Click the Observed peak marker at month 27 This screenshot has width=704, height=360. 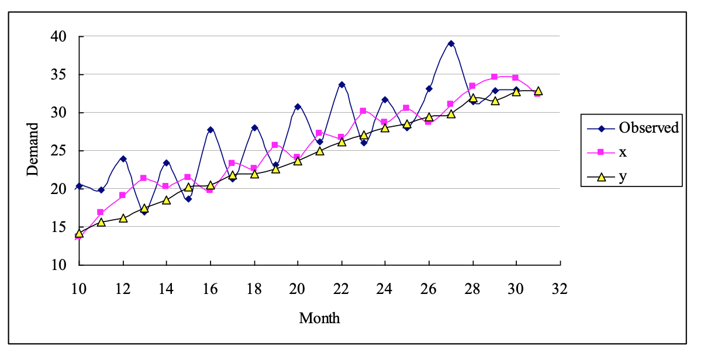click(451, 43)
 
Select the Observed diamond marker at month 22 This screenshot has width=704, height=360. click(341, 85)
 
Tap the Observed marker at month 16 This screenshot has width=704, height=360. click(210, 130)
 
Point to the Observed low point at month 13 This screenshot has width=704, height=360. click(144, 212)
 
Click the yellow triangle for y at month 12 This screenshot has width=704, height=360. click(123, 218)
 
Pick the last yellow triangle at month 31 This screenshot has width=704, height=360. click(538, 91)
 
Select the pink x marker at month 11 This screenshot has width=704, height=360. click(101, 212)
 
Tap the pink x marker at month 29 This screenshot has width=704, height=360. click(494, 77)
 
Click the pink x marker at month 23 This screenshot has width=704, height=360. click(363, 110)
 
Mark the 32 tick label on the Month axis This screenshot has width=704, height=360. click(560, 288)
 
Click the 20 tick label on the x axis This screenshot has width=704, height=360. click(298, 288)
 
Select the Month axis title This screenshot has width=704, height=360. click(319, 319)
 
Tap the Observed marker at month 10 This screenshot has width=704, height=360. click(79, 186)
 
